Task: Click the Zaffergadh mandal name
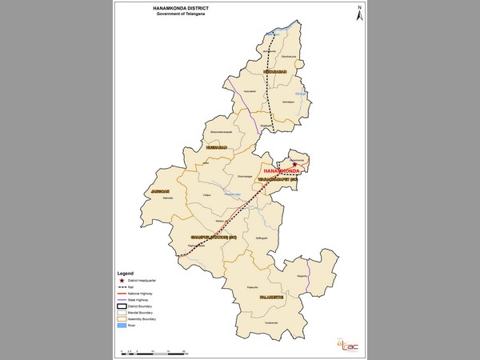[260, 238]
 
